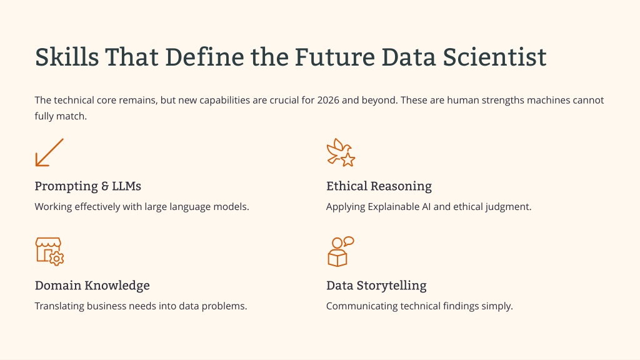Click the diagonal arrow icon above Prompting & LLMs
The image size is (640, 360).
point(49,152)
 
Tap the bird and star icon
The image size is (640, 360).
point(341,152)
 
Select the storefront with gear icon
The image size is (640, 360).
point(49,251)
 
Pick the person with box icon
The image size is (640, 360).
point(341,251)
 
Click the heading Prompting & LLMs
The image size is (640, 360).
point(87,186)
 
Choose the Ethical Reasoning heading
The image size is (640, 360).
point(379,186)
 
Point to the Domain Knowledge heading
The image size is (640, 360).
point(92,285)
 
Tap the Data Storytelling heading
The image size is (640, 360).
point(376,285)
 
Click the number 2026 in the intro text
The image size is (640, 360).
point(327,100)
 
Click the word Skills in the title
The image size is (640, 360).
point(67,57)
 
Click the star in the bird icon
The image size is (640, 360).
point(347,159)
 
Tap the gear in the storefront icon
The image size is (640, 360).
point(57,258)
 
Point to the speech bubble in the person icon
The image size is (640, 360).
point(348,241)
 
